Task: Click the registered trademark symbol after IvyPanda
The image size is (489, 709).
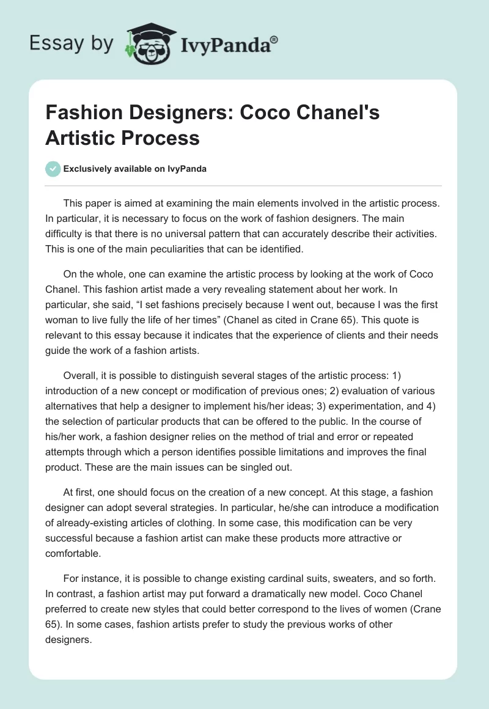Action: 274,39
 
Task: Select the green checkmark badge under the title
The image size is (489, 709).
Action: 53,169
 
